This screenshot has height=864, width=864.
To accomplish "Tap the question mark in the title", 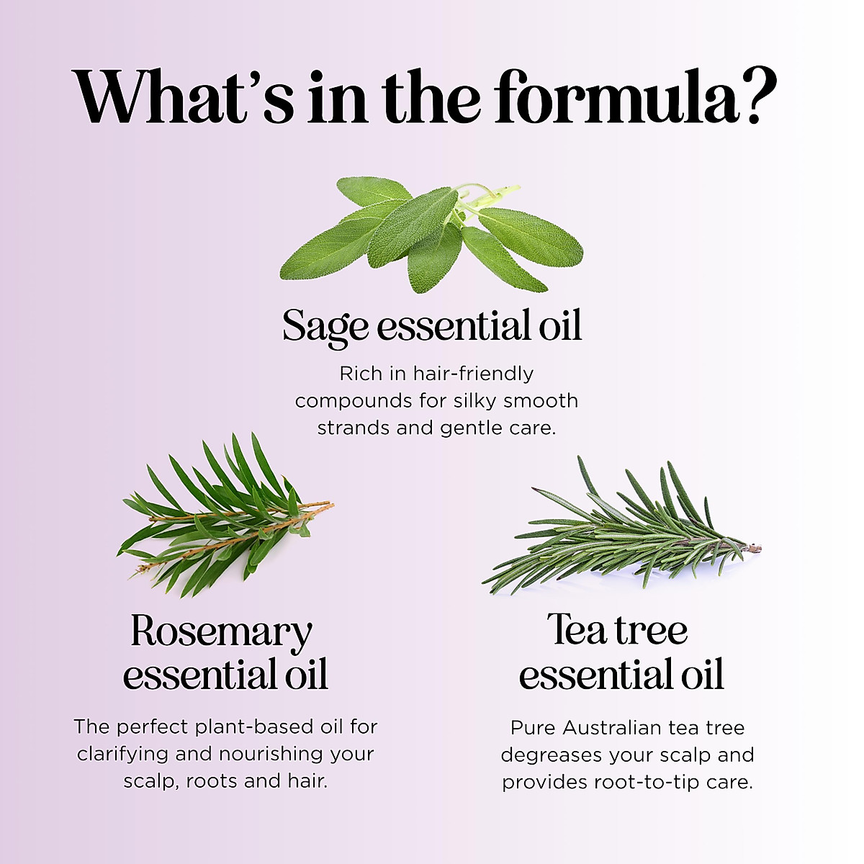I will click(x=757, y=97).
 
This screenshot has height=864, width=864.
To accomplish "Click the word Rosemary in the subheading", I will click(x=221, y=631).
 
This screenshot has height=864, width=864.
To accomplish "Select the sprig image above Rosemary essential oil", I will click(x=223, y=515).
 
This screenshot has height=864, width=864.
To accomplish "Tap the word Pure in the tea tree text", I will click(x=534, y=728).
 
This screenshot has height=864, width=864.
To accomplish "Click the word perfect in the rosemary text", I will click(x=154, y=726).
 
